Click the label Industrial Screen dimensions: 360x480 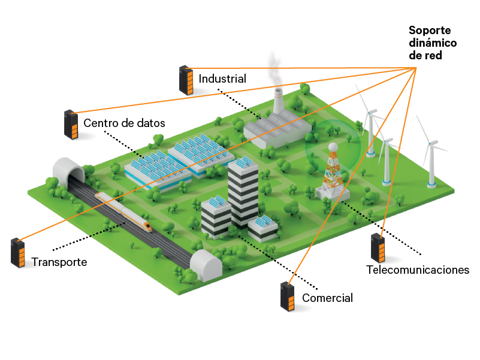222,78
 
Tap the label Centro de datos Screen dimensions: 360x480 123,123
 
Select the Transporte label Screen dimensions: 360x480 59,262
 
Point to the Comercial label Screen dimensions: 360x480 327,298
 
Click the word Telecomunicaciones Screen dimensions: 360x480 417,270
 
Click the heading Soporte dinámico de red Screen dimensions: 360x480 432,43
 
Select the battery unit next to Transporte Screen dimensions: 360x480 18,252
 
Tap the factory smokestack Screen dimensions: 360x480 279,101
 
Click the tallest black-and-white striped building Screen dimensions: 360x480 243,192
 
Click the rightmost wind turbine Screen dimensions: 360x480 431,153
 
